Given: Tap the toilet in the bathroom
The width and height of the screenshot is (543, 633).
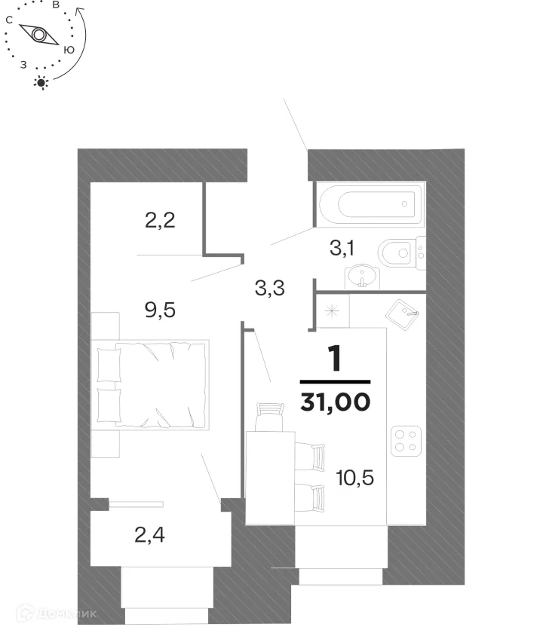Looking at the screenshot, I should pyautogui.click(x=398, y=251).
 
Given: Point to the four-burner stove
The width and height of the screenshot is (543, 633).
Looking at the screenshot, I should pyautogui.click(x=406, y=440).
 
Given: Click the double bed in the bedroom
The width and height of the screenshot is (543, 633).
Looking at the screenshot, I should pyautogui.click(x=151, y=383).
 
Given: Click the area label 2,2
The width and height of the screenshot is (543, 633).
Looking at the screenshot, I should pyautogui.click(x=160, y=221).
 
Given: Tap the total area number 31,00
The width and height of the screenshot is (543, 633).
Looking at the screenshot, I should pyautogui.click(x=335, y=402).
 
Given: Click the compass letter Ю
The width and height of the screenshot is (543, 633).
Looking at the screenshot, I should pyautogui.click(x=69, y=50).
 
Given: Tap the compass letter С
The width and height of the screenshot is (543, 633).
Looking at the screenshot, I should pyautogui.click(x=8, y=21).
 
